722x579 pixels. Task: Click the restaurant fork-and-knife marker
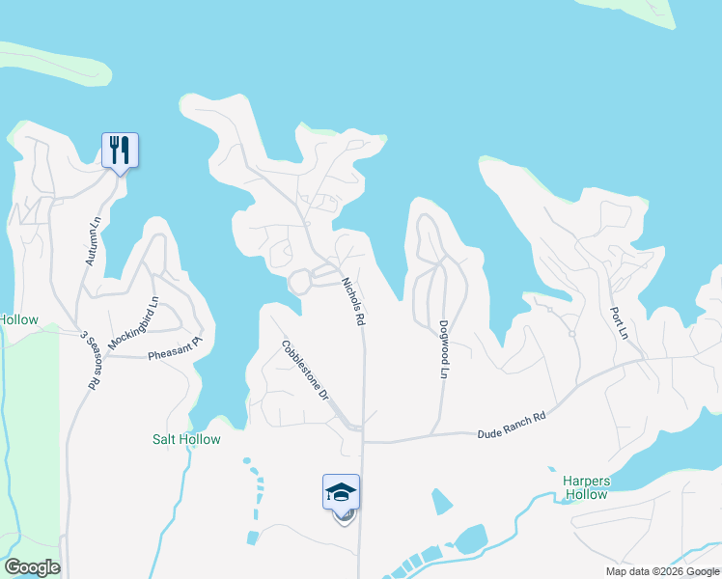pyautogui.click(x=120, y=151)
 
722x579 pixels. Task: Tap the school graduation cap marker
pyautogui.click(x=341, y=492)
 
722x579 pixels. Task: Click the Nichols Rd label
pyautogui.click(x=353, y=300)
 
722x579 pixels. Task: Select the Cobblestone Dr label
pyautogui.click(x=306, y=371)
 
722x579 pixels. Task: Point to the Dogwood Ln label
pyautogui.click(x=444, y=348)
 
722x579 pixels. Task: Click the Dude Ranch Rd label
pyautogui.click(x=512, y=426)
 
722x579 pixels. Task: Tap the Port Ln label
pyautogui.click(x=619, y=323)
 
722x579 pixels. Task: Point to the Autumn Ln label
pyautogui.click(x=94, y=240)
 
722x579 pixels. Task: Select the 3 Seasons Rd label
pyautogui.click(x=91, y=359)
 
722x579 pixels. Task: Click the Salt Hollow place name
pyautogui.click(x=186, y=439)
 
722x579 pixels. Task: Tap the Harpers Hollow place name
pyautogui.click(x=586, y=487)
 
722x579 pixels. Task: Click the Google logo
pyautogui.click(x=32, y=567)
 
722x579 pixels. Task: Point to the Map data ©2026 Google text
pyautogui.click(x=661, y=571)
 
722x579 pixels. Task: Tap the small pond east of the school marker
pyautogui.click(x=441, y=502)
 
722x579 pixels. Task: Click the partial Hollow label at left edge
pyautogui.click(x=18, y=320)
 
